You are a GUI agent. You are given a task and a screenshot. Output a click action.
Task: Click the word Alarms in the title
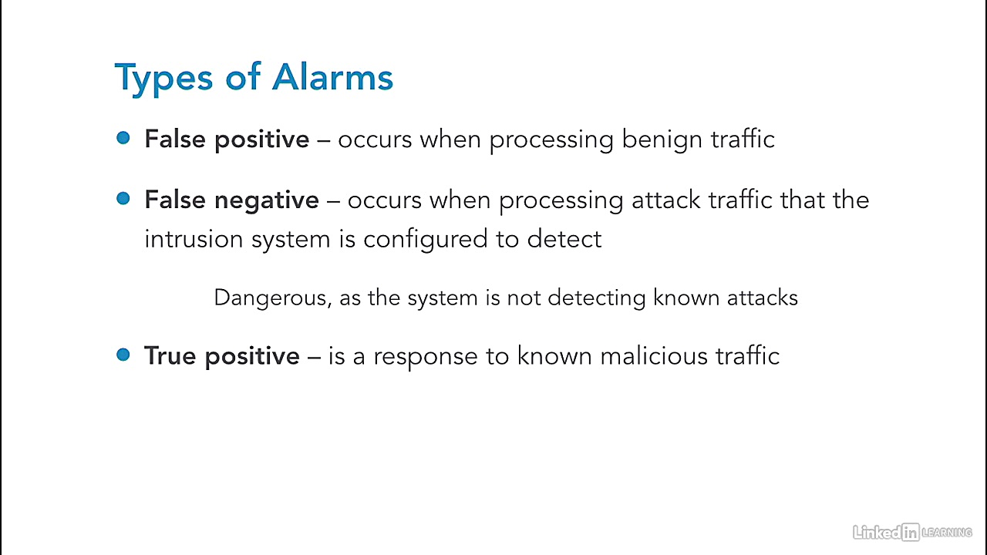332,78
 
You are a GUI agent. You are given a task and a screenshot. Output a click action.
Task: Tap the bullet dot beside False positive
123,138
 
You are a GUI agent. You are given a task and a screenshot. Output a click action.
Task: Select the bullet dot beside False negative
123,198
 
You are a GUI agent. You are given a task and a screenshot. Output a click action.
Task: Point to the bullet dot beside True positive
123,355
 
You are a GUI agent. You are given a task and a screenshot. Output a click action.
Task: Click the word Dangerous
273,298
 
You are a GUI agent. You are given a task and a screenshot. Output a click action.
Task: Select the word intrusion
194,239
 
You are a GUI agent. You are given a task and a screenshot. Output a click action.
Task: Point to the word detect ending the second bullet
564,239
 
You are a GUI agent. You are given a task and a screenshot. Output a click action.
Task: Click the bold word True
170,355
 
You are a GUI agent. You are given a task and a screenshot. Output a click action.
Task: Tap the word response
426,358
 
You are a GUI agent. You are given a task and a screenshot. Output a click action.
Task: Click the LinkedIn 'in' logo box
911,532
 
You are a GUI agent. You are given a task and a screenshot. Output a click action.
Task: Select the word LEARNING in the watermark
947,533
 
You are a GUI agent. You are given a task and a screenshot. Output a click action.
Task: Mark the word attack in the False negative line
665,200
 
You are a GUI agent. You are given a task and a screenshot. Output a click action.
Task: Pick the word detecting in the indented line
597,298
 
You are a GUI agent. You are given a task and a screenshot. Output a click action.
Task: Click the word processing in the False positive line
551,141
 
